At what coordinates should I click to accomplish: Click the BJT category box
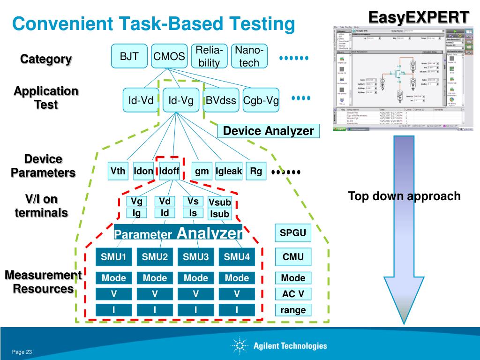[x=129, y=56]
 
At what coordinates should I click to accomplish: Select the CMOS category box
[x=169, y=56]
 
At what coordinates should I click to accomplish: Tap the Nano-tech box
[x=249, y=56]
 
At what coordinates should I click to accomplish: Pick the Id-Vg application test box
[x=181, y=100]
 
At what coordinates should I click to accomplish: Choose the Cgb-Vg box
[x=261, y=100]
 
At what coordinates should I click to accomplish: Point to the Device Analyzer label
[x=268, y=131]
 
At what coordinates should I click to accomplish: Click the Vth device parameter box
[x=118, y=171]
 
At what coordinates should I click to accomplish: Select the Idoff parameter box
[x=169, y=171]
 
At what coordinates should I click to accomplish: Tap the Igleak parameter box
[x=229, y=171]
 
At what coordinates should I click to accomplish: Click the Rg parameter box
[x=256, y=171]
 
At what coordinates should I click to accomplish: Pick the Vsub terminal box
[x=220, y=202]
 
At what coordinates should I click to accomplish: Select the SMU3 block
[x=196, y=256]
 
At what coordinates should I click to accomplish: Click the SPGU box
[x=293, y=233]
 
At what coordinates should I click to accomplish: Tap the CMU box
[x=293, y=256]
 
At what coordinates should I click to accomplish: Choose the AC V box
[x=293, y=294]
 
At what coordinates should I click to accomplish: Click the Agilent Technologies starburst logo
[x=240, y=346]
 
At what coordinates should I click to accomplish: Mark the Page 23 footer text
[x=22, y=352]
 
